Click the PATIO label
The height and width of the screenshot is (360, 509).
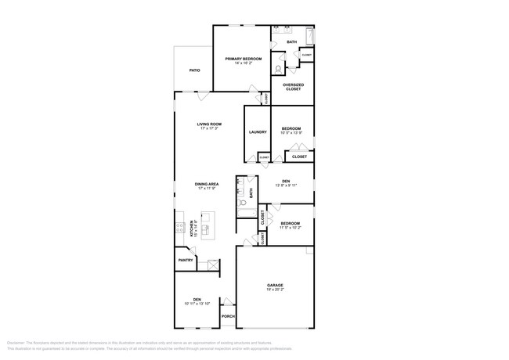(194, 70)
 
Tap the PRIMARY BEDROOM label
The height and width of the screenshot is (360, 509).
(243, 59)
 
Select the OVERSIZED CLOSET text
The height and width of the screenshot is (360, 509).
(293, 87)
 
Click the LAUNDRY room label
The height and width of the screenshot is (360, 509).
(258, 132)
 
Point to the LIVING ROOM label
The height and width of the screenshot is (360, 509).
(209, 124)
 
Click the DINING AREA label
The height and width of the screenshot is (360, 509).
(208, 184)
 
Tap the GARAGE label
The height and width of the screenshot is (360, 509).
(274, 285)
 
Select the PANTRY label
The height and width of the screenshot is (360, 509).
(186, 260)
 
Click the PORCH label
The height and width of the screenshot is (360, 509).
(228, 316)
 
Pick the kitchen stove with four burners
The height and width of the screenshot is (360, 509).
(179, 228)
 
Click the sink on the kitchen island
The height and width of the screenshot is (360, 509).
(207, 229)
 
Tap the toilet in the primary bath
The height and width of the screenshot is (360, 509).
(279, 68)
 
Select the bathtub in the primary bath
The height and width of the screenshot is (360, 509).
(311, 37)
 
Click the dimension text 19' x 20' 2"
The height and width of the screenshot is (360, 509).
(274, 290)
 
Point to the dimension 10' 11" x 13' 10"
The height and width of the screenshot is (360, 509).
(197, 303)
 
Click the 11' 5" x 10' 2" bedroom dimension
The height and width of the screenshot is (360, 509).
(291, 228)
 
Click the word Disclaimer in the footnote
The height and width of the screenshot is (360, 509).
(16, 343)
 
